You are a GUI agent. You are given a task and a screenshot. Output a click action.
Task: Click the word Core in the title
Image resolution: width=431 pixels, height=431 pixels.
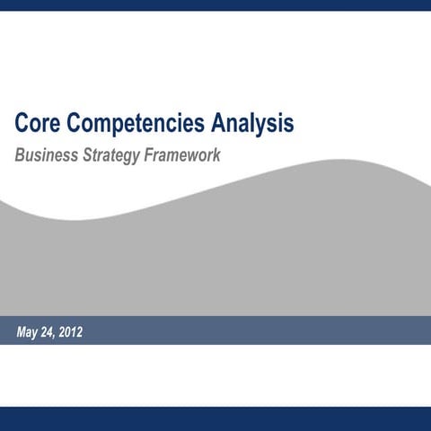click(37, 122)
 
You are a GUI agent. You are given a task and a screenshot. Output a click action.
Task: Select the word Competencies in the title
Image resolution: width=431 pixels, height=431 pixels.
click(132, 122)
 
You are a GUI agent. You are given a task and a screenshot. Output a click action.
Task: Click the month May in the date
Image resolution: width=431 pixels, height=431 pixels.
click(29, 333)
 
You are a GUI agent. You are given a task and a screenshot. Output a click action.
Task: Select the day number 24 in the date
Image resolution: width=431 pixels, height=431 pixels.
click(51, 333)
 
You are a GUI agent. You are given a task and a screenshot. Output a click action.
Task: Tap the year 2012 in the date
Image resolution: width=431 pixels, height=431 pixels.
click(72, 333)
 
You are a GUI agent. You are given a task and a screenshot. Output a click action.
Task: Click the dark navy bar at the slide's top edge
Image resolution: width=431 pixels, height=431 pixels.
click(215, 4)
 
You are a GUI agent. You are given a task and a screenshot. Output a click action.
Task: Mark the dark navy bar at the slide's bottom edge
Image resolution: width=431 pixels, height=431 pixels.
click(215, 418)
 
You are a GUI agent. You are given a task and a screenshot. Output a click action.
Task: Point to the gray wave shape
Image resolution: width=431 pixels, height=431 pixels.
click(215, 260)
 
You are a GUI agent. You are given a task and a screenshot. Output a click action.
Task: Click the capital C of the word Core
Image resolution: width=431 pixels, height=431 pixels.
click(22, 122)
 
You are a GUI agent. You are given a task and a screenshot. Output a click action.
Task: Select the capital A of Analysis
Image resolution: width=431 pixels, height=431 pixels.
click(215, 122)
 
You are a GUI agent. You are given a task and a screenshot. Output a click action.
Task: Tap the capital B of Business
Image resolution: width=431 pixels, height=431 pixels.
click(20, 154)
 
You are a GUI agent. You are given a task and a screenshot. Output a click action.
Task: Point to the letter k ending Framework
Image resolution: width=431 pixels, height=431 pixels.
click(216, 154)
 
